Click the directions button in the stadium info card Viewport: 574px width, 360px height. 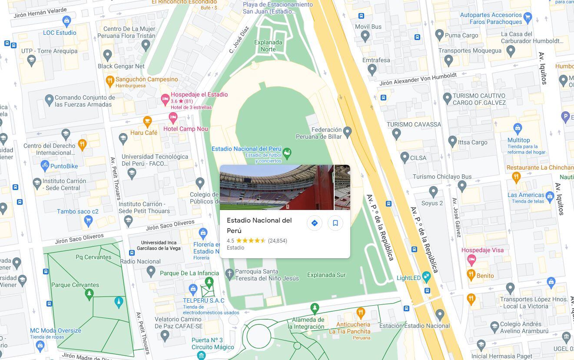coord(314,223)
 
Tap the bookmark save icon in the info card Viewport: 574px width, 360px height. coord(335,223)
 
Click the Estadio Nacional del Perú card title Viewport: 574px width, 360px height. coord(259,225)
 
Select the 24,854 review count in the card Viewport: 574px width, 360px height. coord(277,240)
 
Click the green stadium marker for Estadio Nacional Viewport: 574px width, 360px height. coord(287,153)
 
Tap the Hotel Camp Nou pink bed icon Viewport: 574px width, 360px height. coord(173,117)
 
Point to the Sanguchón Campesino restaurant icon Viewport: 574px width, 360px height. coord(110,80)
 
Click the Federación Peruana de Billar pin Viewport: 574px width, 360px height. coord(347,131)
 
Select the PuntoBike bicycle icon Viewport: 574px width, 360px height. coord(45,165)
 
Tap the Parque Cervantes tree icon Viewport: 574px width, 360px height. coord(89,294)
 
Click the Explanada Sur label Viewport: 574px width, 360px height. coord(326,275)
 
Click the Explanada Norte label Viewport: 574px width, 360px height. coord(268,46)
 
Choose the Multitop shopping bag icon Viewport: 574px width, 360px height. coord(518,128)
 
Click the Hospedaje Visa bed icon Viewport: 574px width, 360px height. coord(471,260)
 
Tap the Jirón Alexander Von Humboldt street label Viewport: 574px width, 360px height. coord(418,79)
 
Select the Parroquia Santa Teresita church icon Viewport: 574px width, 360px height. coord(230,274)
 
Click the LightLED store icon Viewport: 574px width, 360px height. coord(426,276)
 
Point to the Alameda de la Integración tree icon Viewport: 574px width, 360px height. coord(315,309)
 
